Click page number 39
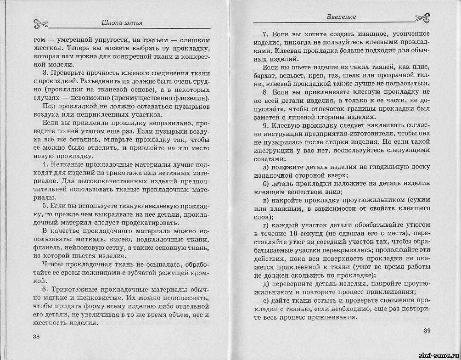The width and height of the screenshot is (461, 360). (426, 331)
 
